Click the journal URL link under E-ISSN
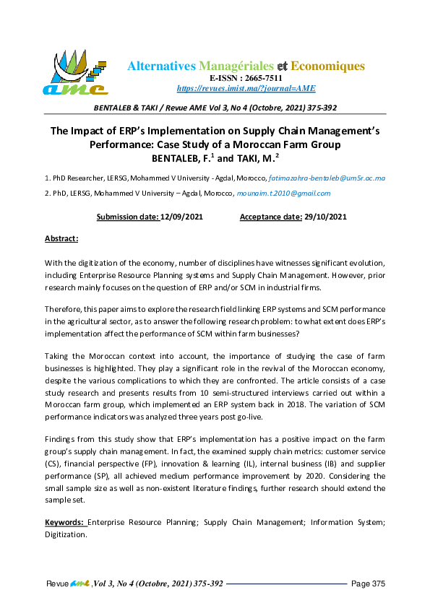pos(246,88)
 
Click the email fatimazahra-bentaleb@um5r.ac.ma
pos(327,178)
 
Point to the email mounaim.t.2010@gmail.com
pos(284,193)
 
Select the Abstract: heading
pos(61,238)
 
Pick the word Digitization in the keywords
pos(66,535)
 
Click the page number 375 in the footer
pos(378,583)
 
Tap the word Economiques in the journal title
pos(330,66)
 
